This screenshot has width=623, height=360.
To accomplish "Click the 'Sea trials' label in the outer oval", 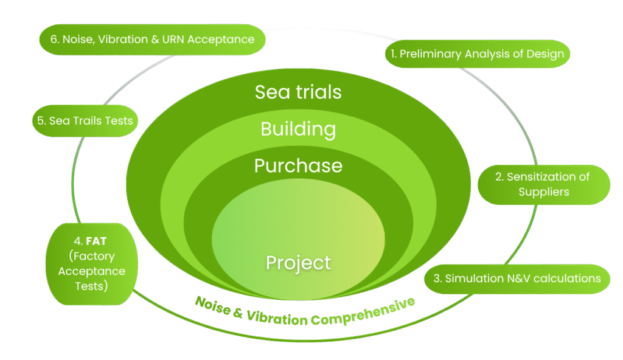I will point(298,92).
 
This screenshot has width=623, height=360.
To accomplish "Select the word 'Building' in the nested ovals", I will point(298,129).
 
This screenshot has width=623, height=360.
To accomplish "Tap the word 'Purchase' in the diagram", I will point(298,165).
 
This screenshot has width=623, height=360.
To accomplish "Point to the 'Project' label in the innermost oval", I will point(298,263).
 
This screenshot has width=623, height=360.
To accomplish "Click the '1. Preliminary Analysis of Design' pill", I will point(477,54).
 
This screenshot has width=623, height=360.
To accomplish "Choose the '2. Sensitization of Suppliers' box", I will point(543,184).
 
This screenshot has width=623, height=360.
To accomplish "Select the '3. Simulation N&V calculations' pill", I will point(517,279).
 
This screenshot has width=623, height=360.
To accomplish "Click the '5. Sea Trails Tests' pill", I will point(84,120).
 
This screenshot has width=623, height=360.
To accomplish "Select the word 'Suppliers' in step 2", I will point(543,192).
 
